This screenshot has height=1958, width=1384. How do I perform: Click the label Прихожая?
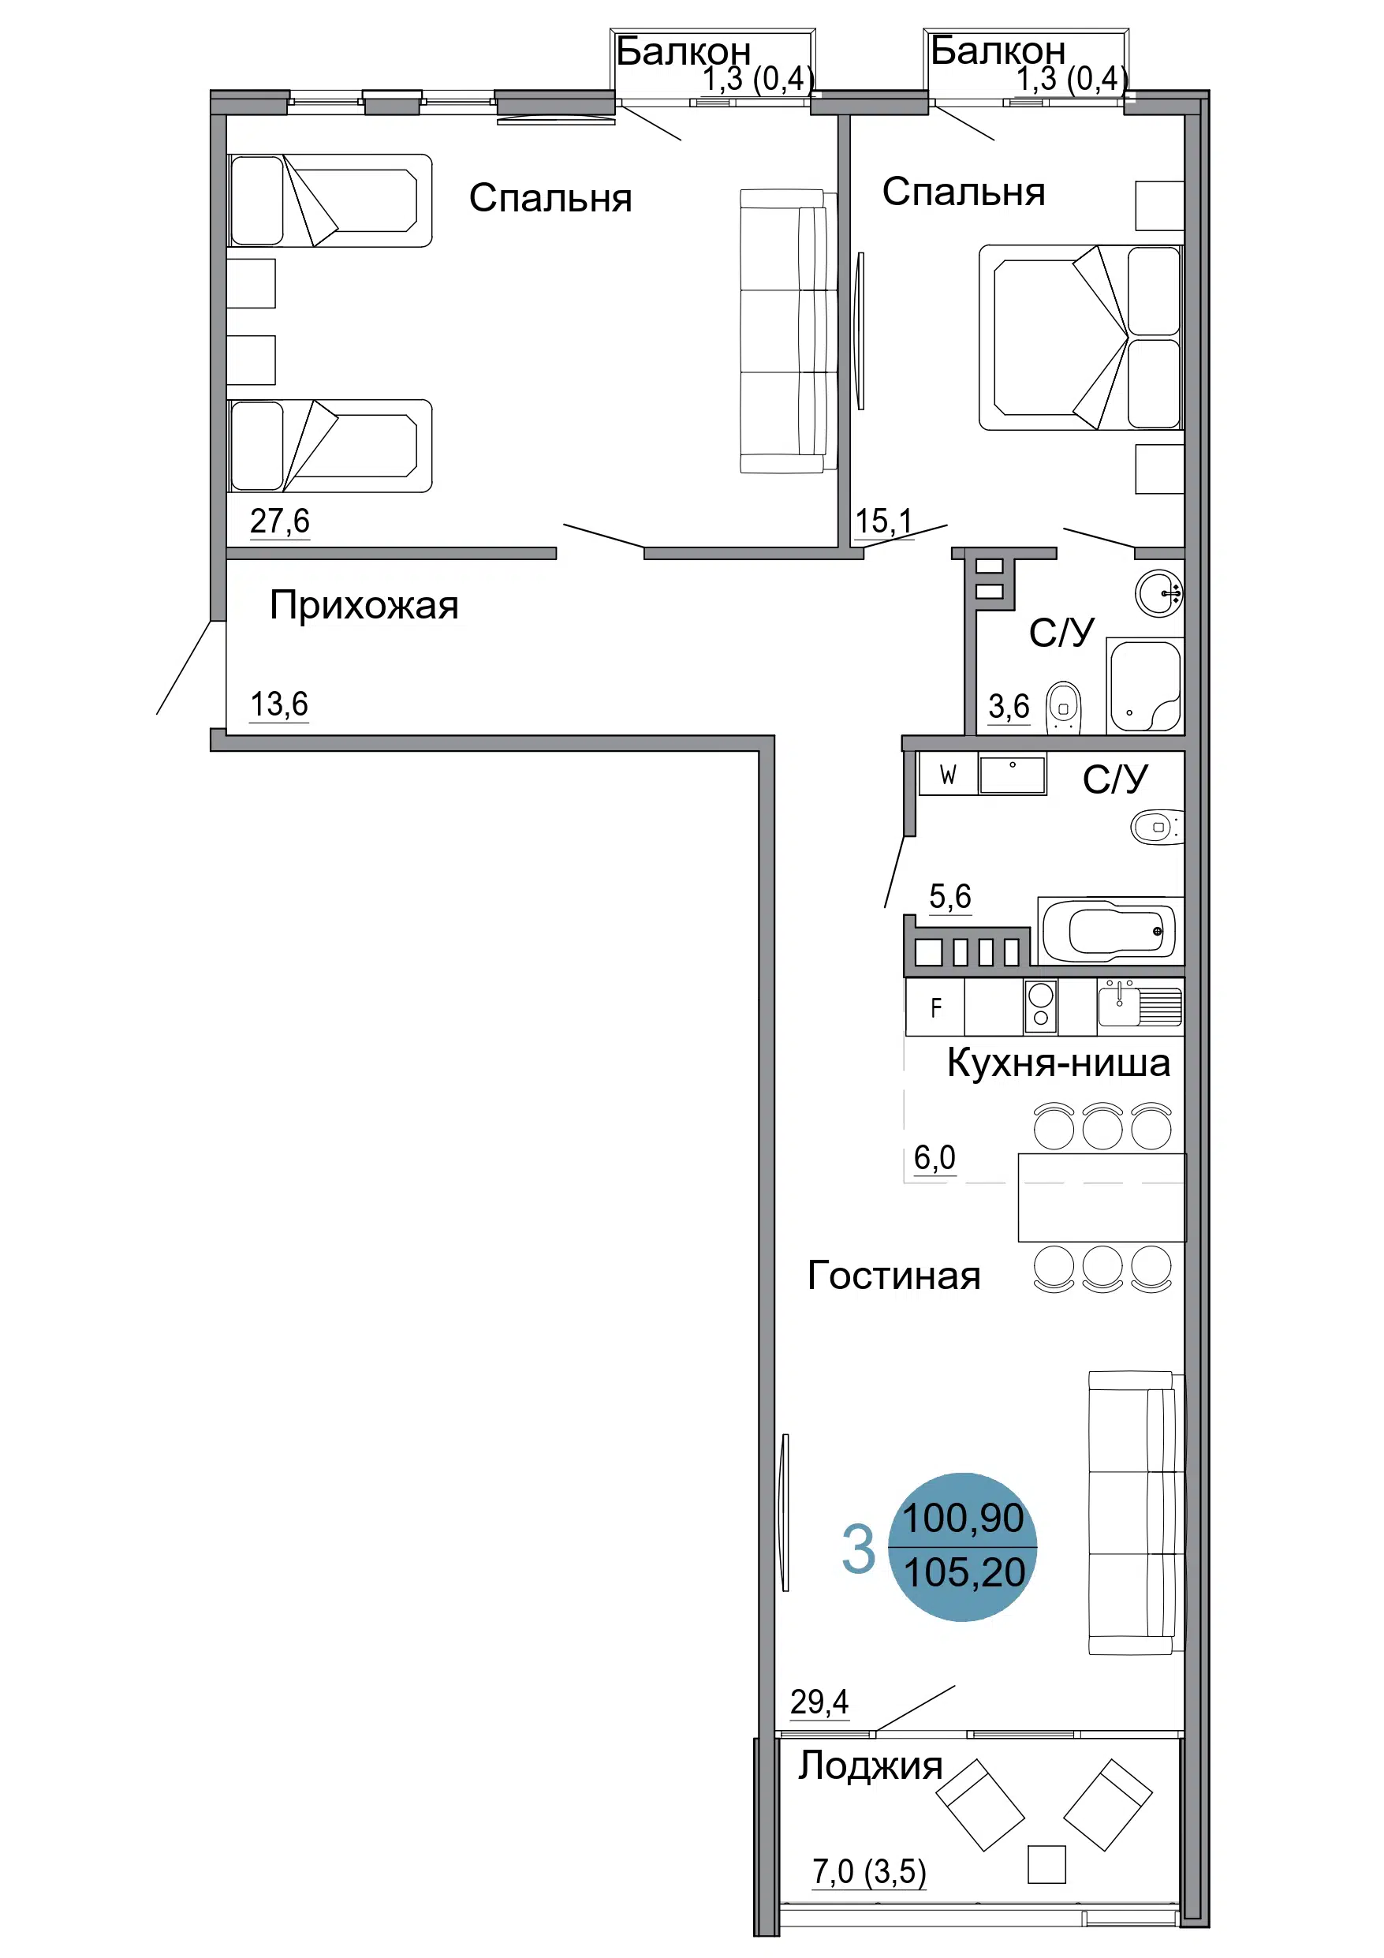364,607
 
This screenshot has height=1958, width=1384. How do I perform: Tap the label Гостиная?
893,1276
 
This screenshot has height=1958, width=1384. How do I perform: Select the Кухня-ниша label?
1058,1063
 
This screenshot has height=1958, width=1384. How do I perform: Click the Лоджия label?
870,1766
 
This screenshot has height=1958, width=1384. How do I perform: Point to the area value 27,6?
280,520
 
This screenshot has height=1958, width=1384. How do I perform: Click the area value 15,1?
883,521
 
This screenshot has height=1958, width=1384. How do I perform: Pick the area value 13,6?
279,704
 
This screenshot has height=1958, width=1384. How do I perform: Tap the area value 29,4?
819,1702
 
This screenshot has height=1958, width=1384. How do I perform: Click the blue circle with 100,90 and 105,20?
963,1547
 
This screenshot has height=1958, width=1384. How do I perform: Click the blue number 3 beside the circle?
858,1549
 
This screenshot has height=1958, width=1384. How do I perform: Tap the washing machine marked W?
947,775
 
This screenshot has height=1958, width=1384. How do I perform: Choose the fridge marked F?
935,1007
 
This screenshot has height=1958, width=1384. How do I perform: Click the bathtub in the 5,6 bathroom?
1110,929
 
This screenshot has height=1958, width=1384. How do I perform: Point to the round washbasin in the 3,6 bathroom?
1159,592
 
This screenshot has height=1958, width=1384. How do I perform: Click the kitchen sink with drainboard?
1140,1004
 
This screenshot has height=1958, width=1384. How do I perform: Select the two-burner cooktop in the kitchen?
1040,1007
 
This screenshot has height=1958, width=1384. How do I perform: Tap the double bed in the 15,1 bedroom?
1080,337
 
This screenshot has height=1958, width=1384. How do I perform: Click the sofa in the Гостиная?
1136,1513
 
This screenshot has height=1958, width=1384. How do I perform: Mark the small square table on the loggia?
1046,1864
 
